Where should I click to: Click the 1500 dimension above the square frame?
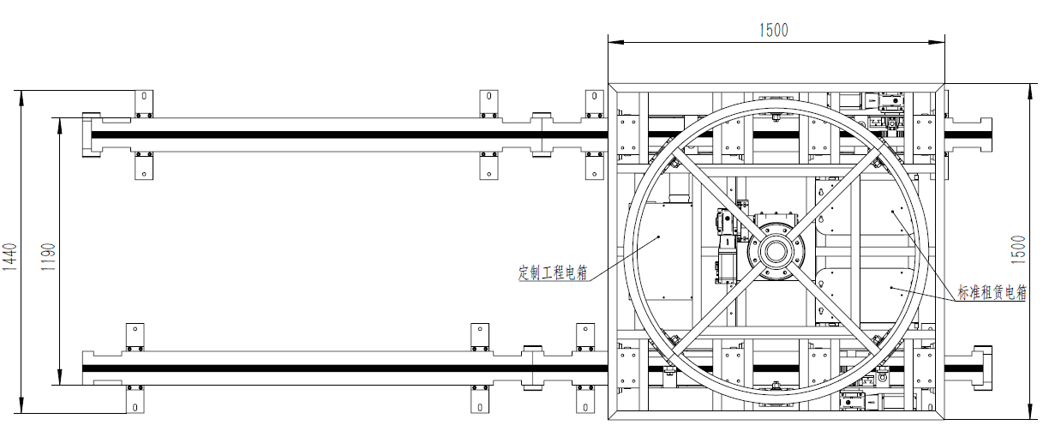coord(773,31)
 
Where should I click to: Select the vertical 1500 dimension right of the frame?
coord(1018,249)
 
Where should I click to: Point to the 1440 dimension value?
coord(9,257)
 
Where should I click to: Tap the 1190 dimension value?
coord(48,257)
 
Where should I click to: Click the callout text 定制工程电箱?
coord(553,272)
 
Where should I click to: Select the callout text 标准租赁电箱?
coord(992,292)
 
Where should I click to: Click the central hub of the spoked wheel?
coord(776,252)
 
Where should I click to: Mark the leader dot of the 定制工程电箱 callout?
coord(658,236)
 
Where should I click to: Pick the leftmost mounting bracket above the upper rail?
coord(144,104)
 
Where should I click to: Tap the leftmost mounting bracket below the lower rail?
coord(135,399)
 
